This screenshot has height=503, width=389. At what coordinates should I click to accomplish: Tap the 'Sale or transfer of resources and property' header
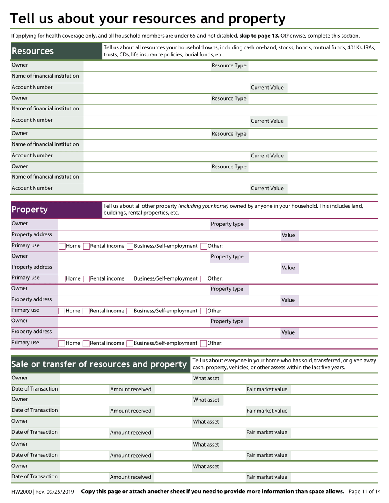pyautogui.click(x=100, y=364)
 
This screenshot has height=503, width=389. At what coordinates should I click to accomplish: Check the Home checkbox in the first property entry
pyautogui.click(x=62, y=246)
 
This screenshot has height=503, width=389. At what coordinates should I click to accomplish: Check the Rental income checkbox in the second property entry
pyautogui.click(x=86, y=279)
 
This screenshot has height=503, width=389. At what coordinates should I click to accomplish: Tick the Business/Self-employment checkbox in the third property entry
pyautogui.click(x=130, y=311)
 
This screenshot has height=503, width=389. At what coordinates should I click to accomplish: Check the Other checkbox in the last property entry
pyautogui.click(x=204, y=344)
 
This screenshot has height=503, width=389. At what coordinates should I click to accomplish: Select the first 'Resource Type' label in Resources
pyautogui.click(x=229, y=66)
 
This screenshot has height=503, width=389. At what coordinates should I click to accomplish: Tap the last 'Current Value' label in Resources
pyautogui.click(x=267, y=189)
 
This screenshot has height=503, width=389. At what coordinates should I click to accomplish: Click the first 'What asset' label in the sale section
pyautogui.click(x=206, y=379)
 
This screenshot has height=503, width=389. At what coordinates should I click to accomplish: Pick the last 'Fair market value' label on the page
pyautogui.click(x=267, y=477)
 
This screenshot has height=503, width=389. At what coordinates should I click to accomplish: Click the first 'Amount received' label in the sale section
pyautogui.click(x=131, y=390)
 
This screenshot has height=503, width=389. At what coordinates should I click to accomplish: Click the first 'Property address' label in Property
pyautogui.click(x=32, y=234)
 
